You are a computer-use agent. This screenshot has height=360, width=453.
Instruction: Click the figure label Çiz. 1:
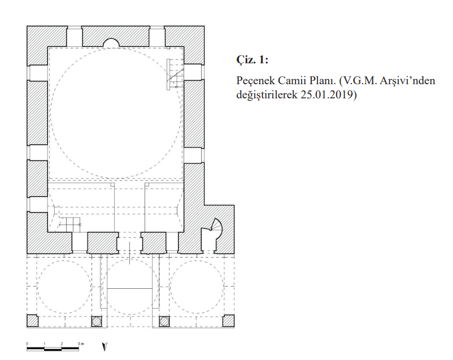(x=252, y=60)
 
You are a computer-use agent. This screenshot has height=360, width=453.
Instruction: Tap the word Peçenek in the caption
(x=255, y=81)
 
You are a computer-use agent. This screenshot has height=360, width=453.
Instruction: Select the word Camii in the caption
(x=290, y=80)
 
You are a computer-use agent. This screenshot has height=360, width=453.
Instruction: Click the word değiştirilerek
(x=267, y=94)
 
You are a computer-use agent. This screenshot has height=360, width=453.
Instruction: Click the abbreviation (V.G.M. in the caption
(x=358, y=81)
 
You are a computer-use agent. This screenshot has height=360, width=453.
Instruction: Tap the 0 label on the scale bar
(x=27, y=344)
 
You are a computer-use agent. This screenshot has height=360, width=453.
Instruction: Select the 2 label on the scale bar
(x=62, y=344)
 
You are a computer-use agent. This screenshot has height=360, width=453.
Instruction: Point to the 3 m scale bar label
(x=81, y=344)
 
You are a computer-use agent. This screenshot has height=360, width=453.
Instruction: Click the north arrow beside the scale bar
(x=104, y=346)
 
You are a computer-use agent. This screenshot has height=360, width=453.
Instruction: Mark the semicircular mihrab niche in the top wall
(x=111, y=42)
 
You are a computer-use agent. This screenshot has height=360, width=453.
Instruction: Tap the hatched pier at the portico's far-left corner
(x=32, y=320)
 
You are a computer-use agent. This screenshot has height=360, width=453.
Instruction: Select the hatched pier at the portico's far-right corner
(x=228, y=320)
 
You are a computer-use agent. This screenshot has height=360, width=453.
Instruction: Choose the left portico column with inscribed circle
(x=97, y=321)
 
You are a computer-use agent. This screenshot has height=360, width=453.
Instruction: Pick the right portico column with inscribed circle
(x=164, y=321)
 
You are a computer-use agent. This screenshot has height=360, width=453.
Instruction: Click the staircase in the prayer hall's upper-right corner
(x=175, y=74)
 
